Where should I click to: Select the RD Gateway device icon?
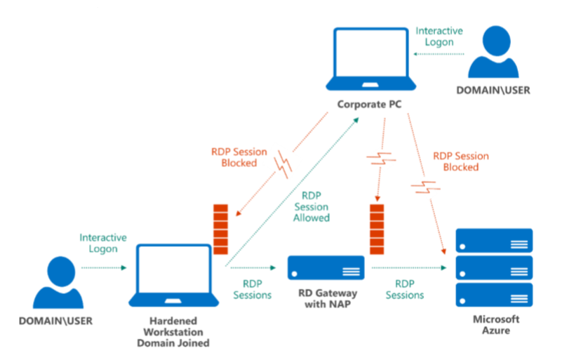(x=326, y=267)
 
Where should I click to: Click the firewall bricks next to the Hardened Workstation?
(x=220, y=228)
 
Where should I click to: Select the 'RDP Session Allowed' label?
(x=315, y=207)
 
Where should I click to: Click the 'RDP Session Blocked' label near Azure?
(x=460, y=161)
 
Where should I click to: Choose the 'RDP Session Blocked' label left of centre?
(x=239, y=157)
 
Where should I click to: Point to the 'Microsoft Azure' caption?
(x=495, y=324)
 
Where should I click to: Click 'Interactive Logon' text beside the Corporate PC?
(x=439, y=36)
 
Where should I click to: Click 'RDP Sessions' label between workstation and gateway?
(x=252, y=289)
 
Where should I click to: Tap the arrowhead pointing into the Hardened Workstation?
(x=123, y=267)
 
